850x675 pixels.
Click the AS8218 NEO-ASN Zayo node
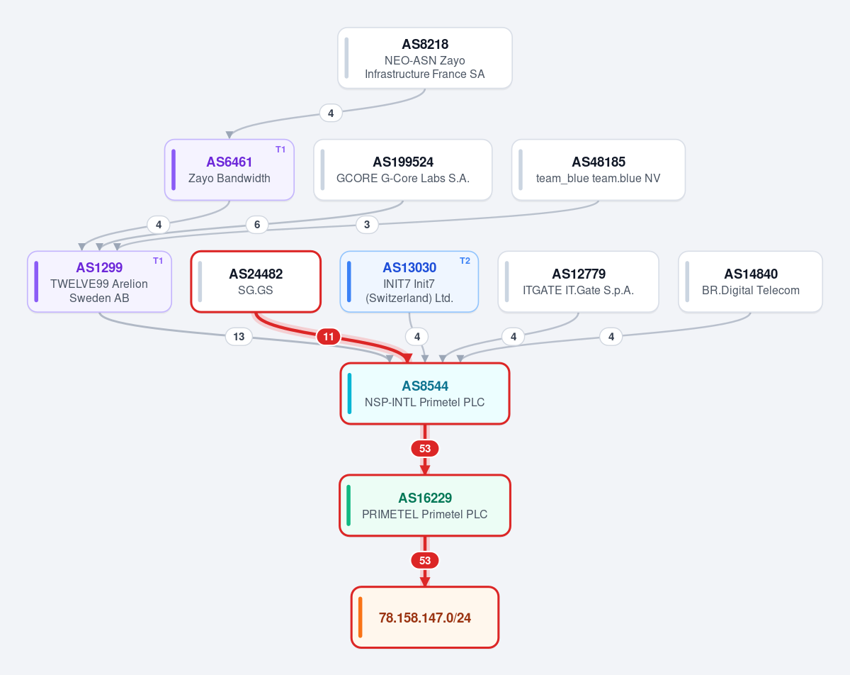(424, 58)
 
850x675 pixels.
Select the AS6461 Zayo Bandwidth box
(229, 169)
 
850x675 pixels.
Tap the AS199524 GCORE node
(402, 169)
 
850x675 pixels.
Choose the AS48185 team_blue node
(599, 169)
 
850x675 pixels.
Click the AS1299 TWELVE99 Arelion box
(99, 281)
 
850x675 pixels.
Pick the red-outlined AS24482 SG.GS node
(256, 281)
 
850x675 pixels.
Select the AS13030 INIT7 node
(409, 281)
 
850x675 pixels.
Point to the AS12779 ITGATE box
(578, 281)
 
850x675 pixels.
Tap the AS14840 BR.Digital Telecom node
(750, 281)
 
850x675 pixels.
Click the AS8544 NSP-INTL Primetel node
(424, 394)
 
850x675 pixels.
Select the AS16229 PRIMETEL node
(424, 506)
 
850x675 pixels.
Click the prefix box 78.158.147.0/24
(424, 618)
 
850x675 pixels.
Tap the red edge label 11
(328, 337)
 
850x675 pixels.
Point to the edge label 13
(239, 337)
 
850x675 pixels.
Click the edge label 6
(257, 225)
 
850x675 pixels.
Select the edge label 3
(367, 225)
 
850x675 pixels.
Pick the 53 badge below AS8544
(424, 448)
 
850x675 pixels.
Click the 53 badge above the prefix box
(424, 560)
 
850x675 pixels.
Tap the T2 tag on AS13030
(465, 261)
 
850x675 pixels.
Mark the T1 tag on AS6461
(280, 150)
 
